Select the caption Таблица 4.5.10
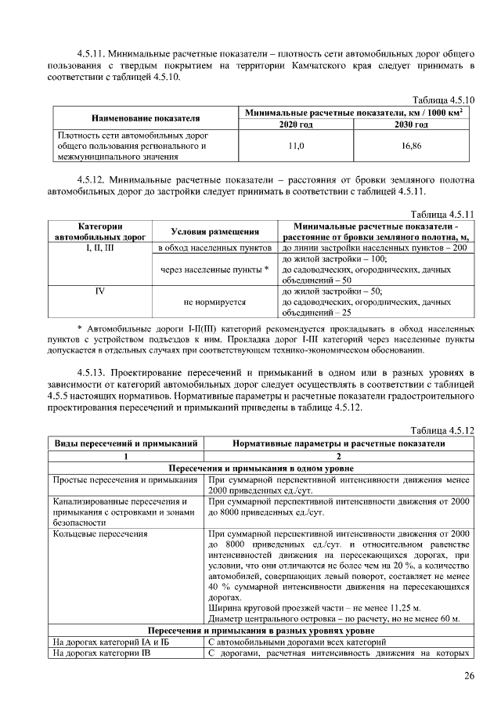(x=443, y=99)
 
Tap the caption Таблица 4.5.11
(x=443, y=213)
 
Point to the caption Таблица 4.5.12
(x=443, y=431)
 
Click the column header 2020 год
(x=296, y=125)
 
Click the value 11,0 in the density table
(x=296, y=146)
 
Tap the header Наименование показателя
(x=145, y=118)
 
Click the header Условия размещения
(x=215, y=231)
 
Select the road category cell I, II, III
(x=99, y=248)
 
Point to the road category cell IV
(x=99, y=290)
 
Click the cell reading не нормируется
(x=215, y=301)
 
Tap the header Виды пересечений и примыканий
(x=126, y=443)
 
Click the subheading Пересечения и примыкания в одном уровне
(x=261, y=468)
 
